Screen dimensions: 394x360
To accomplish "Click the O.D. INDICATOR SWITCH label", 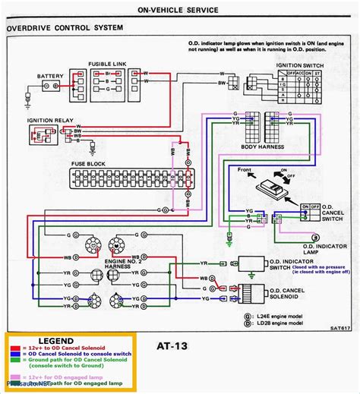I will [286, 263].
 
